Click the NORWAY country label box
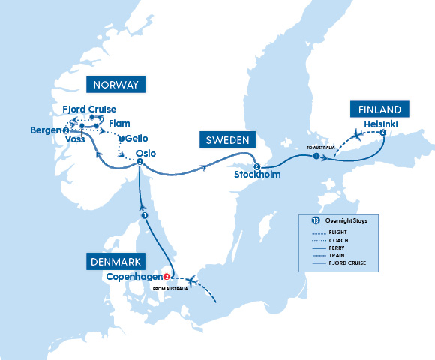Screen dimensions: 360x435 [x=115, y=84]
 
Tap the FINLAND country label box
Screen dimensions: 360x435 [x=379, y=109]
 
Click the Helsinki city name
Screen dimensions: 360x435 [x=382, y=123]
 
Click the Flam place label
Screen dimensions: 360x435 [x=120, y=124]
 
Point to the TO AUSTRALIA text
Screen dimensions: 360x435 [x=319, y=148]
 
